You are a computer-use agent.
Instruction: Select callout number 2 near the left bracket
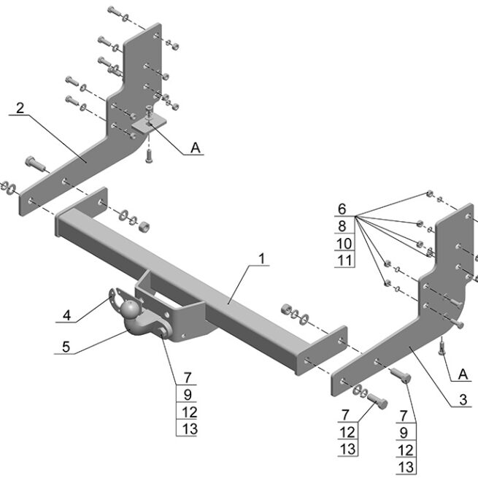pos(20,108)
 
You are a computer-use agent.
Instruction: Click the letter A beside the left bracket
pos(195,148)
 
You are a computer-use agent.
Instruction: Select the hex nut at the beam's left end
pos(144,224)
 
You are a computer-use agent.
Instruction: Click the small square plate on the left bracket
pos(149,126)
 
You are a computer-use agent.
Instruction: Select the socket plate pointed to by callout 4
pos(115,299)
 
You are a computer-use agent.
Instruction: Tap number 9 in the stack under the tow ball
pos(187,395)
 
